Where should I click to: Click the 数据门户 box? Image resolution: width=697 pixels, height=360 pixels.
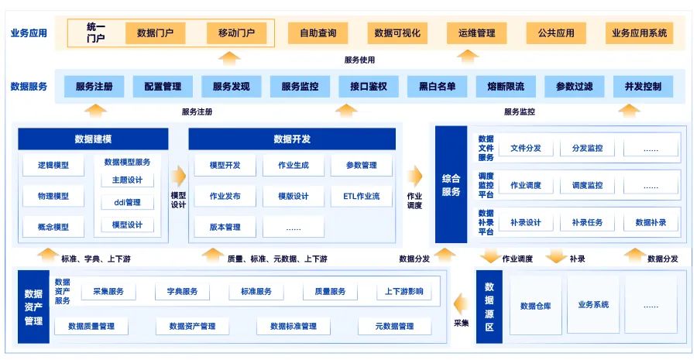[x=155, y=33]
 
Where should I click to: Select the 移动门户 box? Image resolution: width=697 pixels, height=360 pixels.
[x=236, y=33]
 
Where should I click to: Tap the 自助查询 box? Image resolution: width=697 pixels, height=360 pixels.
[x=318, y=33]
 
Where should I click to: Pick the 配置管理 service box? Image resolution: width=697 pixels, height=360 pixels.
[x=163, y=87]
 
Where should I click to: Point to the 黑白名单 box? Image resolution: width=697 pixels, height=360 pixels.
[x=438, y=87]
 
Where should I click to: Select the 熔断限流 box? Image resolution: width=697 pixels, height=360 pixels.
[x=506, y=87]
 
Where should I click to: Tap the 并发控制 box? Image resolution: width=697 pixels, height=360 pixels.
[x=643, y=87]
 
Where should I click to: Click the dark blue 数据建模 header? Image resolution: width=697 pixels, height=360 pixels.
[x=93, y=139]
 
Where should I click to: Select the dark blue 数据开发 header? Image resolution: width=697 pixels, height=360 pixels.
[x=292, y=139]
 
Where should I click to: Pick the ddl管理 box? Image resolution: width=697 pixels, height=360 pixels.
[x=127, y=203]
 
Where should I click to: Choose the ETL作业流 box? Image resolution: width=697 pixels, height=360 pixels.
[x=361, y=196]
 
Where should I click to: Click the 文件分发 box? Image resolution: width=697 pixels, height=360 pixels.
[x=526, y=148]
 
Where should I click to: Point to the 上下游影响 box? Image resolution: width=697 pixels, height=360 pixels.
[x=404, y=292]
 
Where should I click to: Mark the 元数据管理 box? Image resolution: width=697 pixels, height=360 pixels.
[x=394, y=327]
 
